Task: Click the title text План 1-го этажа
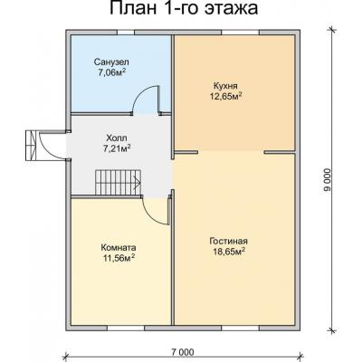[181, 11]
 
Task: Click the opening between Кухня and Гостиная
[238, 149]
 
